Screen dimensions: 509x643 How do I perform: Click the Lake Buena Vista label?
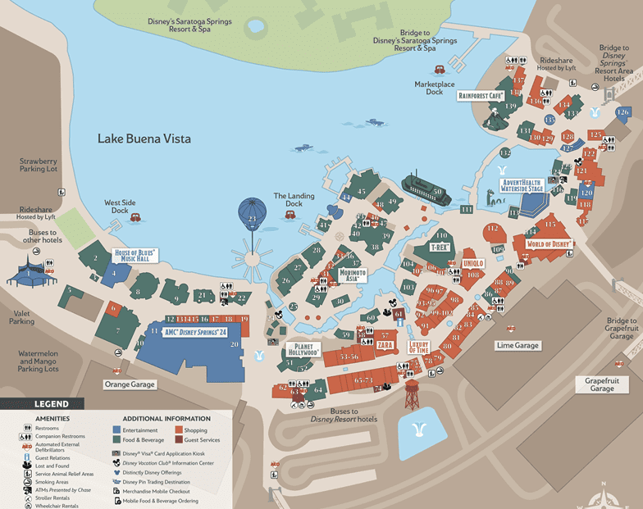(x=144, y=139)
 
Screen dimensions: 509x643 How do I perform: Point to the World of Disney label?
(x=549, y=244)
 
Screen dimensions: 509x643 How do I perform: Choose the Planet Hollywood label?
(x=303, y=351)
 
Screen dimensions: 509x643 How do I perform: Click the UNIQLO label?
(x=473, y=262)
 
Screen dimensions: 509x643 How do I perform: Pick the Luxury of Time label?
(x=419, y=348)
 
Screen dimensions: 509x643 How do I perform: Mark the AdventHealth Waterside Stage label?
(x=522, y=184)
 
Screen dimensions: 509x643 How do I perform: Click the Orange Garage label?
(x=129, y=384)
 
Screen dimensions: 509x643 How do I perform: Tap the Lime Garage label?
(x=517, y=346)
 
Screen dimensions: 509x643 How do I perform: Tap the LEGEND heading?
(x=51, y=404)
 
